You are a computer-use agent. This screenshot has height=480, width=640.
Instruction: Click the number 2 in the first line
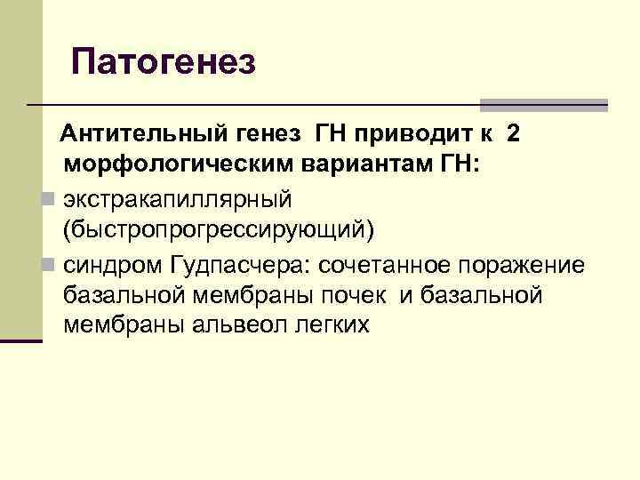point(514,134)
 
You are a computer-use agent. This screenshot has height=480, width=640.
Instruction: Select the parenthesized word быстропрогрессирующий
point(219,229)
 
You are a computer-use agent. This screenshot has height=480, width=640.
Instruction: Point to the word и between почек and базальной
point(405,294)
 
